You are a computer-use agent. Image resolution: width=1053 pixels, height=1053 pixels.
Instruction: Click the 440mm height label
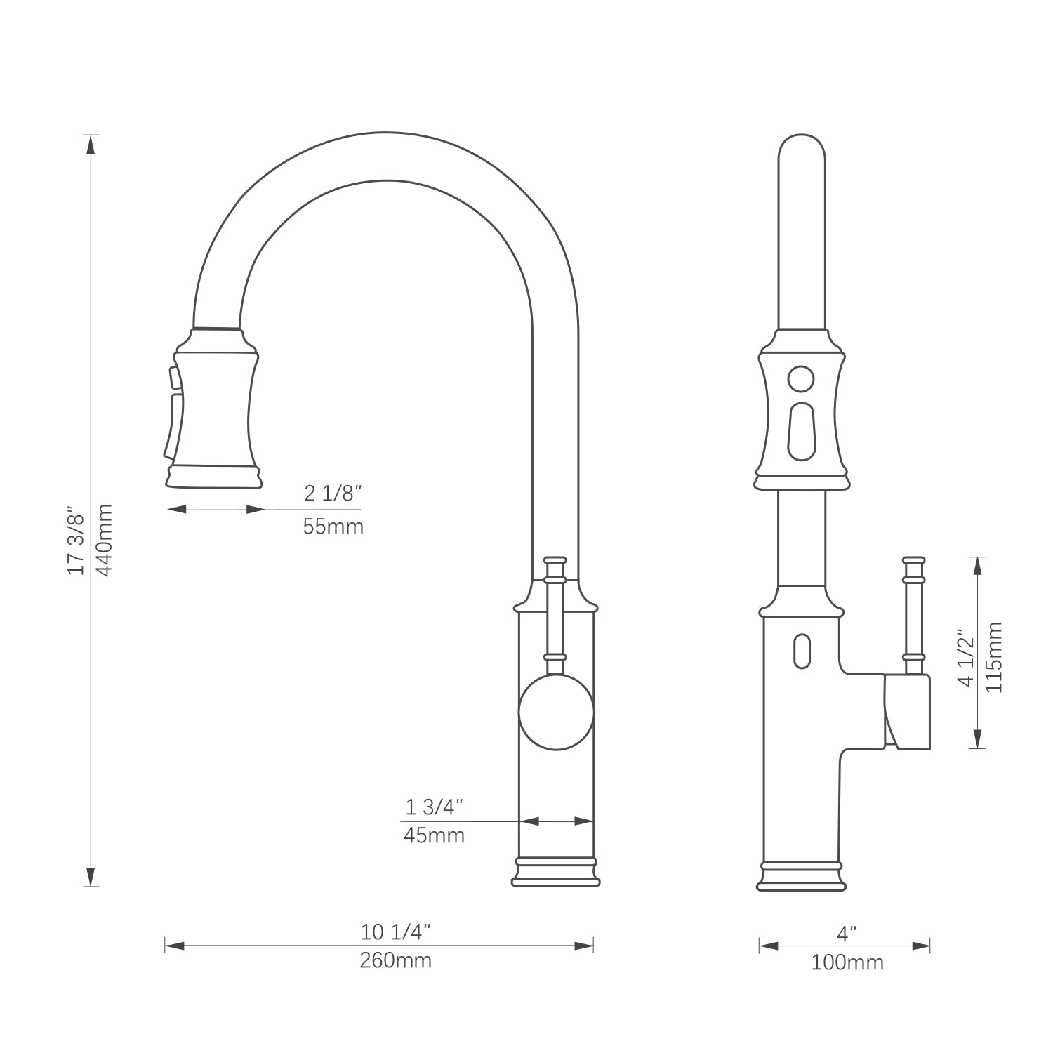tap(104, 540)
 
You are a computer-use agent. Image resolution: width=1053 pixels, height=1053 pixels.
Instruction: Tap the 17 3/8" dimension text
tap(76, 540)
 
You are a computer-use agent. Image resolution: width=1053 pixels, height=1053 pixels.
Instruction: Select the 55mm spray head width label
tap(333, 526)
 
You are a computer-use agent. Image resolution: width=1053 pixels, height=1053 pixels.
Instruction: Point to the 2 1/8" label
tap(333, 494)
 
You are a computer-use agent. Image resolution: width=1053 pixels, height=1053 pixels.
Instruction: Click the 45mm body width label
tap(434, 835)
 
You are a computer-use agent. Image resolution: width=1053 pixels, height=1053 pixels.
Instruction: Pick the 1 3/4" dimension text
tap(435, 807)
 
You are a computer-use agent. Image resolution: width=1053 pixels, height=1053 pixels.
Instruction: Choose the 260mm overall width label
tap(396, 960)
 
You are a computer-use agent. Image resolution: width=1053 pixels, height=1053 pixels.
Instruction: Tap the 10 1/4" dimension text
tap(395, 932)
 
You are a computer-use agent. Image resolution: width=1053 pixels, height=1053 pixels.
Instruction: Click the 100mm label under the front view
tap(847, 962)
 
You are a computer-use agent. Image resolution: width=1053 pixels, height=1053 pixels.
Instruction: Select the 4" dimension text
tap(847, 934)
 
